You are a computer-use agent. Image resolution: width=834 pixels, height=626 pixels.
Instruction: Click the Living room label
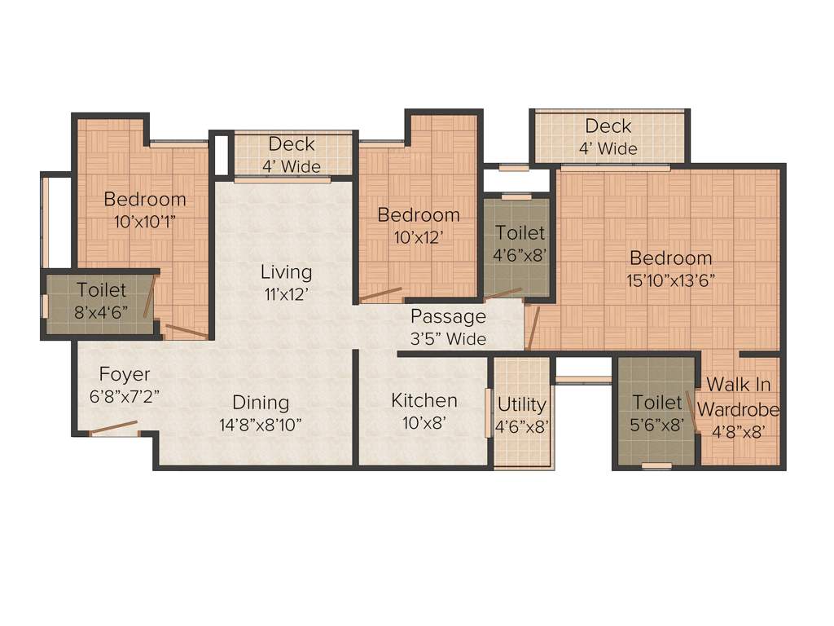pyautogui.click(x=286, y=271)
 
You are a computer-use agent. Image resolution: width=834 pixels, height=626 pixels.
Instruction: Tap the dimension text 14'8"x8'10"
pyautogui.click(x=261, y=424)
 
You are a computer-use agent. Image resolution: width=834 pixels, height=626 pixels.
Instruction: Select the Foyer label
pyautogui.click(x=125, y=374)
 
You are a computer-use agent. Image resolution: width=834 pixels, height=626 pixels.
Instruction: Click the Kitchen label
pyautogui.click(x=424, y=400)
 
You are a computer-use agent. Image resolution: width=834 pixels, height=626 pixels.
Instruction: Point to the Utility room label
pyautogui.click(x=522, y=404)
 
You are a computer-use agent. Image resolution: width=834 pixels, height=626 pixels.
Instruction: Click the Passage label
pyautogui.click(x=448, y=316)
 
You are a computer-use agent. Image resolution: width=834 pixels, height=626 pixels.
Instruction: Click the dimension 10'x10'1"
pyautogui.click(x=145, y=220)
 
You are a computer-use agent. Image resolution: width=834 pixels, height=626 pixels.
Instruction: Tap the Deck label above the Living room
pyautogui.click(x=292, y=144)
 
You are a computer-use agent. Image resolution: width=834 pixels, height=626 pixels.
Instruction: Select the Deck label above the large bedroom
pyautogui.click(x=608, y=126)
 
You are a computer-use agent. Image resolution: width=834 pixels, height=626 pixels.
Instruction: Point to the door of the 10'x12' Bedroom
pyautogui.click(x=381, y=294)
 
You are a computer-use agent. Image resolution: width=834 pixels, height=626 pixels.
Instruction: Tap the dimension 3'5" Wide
pyautogui.click(x=448, y=338)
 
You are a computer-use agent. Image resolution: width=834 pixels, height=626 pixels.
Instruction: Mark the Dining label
pyautogui.click(x=261, y=402)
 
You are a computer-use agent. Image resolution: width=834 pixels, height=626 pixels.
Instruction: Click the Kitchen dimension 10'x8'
pyautogui.click(x=424, y=422)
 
